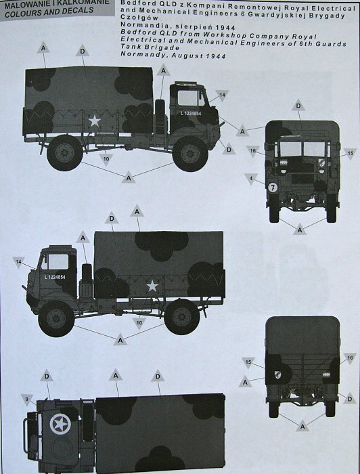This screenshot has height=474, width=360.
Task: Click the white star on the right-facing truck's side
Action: (x=95, y=121)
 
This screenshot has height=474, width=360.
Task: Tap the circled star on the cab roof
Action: (x=60, y=424)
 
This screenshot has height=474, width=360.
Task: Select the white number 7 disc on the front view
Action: (x=273, y=188)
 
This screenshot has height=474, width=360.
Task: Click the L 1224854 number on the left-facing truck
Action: (x=55, y=277)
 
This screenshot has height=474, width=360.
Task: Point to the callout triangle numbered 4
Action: (x=251, y=179)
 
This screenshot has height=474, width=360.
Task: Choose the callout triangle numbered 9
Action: (x=27, y=400)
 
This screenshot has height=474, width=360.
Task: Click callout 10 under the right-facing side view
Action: (x=106, y=159)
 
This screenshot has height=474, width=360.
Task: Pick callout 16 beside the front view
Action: (x=252, y=151)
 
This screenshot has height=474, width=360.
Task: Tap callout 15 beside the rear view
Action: (x=248, y=362)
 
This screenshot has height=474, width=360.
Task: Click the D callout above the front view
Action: (x=298, y=106)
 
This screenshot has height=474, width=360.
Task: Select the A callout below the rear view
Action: (x=302, y=426)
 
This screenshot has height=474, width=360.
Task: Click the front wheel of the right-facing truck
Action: (x=190, y=154)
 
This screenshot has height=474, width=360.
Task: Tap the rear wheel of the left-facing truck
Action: (x=182, y=317)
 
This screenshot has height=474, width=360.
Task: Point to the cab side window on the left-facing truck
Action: (x=55, y=261)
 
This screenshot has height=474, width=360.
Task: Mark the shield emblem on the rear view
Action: (x=278, y=375)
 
